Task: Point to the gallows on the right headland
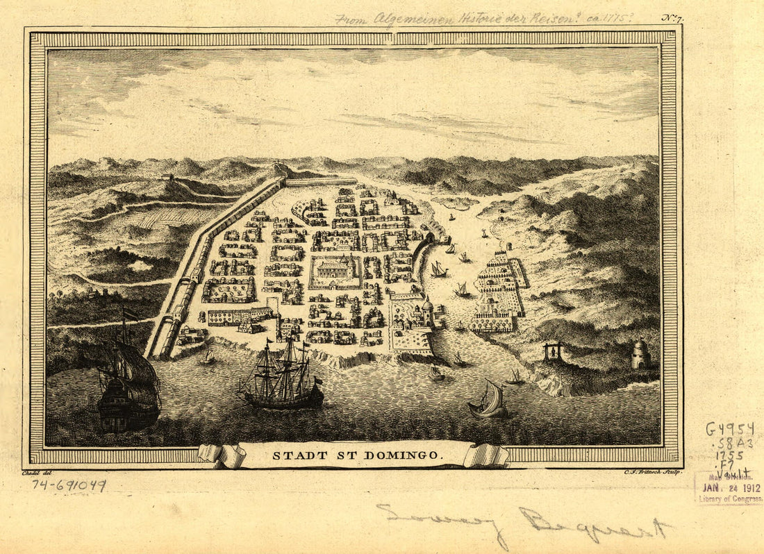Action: click(554, 352)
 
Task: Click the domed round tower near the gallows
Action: click(640, 354)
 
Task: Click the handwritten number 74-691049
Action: click(69, 486)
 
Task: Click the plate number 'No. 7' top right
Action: click(671, 19)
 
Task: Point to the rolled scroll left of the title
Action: click(222, 455)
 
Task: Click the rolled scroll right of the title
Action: click(486, 455)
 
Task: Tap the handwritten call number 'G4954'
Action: click(730, 429)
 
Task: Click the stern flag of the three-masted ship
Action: click(317, 380)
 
